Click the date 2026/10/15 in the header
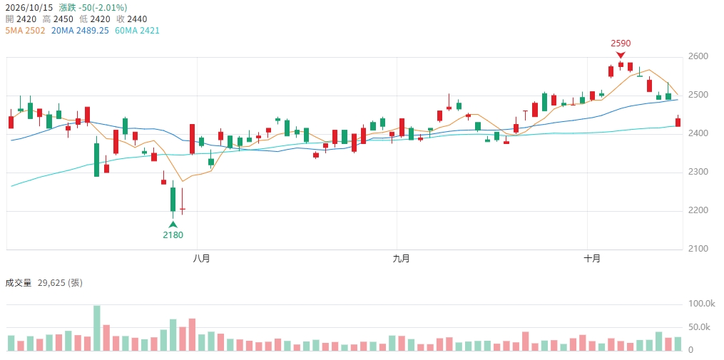(x=29, y=8)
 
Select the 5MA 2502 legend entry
(x=26, y=31)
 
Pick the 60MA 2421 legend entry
(x=137, y=31)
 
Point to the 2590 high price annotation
(x=621, y=43)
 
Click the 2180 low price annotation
(x=173, y=235)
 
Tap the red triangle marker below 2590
(x=621, y=55)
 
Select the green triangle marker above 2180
(x=173, y=225)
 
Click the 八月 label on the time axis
(x=201, y=259)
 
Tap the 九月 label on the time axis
(x=402, y=259)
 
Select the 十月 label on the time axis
(x=592, y=259)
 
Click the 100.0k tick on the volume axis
(x=698, y=304)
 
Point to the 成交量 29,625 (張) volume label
(x=44, y=283)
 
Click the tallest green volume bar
(x=96, y=328)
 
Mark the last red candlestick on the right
(x=678, y=123)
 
